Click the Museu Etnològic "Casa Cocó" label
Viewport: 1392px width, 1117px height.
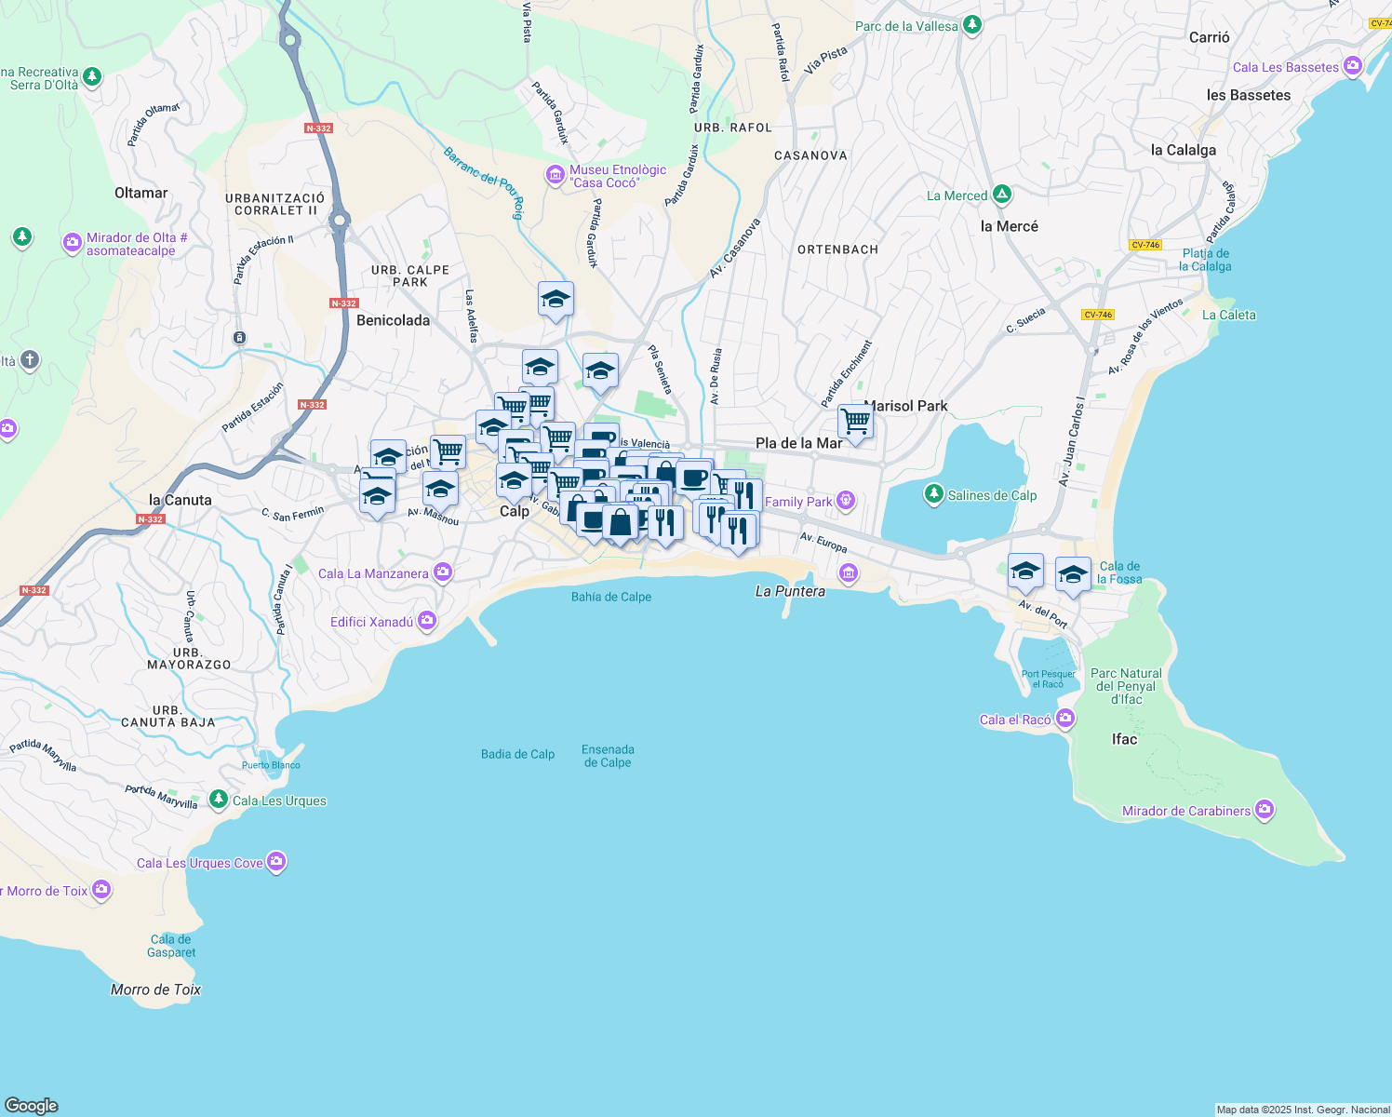pyautogui.click(x=618, y=176)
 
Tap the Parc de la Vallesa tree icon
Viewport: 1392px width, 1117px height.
pyautogui.click(x=972, y=25)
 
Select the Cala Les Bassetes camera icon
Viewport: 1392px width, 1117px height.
pyautogui.click(x=1353, y=66)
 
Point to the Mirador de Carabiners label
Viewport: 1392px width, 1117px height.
pyautogui.click(x=1186, y=811)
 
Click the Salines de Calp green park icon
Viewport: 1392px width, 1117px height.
pyautogui.click(x=934, y=494)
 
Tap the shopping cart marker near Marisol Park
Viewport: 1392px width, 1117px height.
pyautogui.click(x=855, y=422)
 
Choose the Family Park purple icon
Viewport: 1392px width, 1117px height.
pyautogui.click(x=845, y=501)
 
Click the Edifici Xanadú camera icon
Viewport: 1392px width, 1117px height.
pyautogui.click(x=426, y=621)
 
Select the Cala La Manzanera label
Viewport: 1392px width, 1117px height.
pyautogui.click(x=373, y=573)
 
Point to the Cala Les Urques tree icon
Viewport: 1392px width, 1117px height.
pyautogui.click(x=218, y=800)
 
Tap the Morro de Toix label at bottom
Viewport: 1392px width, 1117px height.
pyautogui.click(x=155, y=989)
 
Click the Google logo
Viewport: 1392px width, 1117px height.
pyautogui.click(x=32, y=1105)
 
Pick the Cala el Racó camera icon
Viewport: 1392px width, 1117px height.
pyautogui.click(x=1065, y=719)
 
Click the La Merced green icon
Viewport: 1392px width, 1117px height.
pyautogui.click(x=1002, y=195)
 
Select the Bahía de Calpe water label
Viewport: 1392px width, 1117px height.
pyautogui.click(x=611, y=597)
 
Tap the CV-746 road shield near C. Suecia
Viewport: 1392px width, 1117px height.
pyautogui.click(x=1098, y=315)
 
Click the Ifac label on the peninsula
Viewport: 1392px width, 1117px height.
pyautogui.click(x=1124, y=739)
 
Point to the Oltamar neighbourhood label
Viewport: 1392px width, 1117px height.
pyautogui.click(x=141, y=193)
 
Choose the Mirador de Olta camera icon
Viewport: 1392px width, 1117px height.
pyautogui.click(x=72, y=243)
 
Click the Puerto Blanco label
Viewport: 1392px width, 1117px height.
pyautogui.click(x=271, y=765)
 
